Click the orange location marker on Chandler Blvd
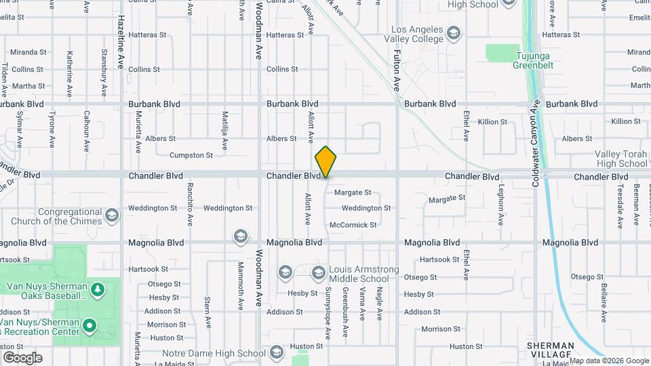tap(326, 162)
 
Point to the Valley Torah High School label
tap(621, 159)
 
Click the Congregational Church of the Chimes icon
tap(112, 216)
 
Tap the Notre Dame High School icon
tap(275, 352)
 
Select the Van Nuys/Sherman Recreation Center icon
tap(89, 327)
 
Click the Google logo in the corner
tap(22, 358)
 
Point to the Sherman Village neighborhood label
tap(550, 350)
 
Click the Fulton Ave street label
tap(397, 64)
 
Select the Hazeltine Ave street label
tap(121, 42)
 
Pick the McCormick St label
tap(353, 224)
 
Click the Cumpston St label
tap(191, 155)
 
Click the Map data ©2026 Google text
tap(610, 361)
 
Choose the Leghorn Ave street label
tap(502, 205)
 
